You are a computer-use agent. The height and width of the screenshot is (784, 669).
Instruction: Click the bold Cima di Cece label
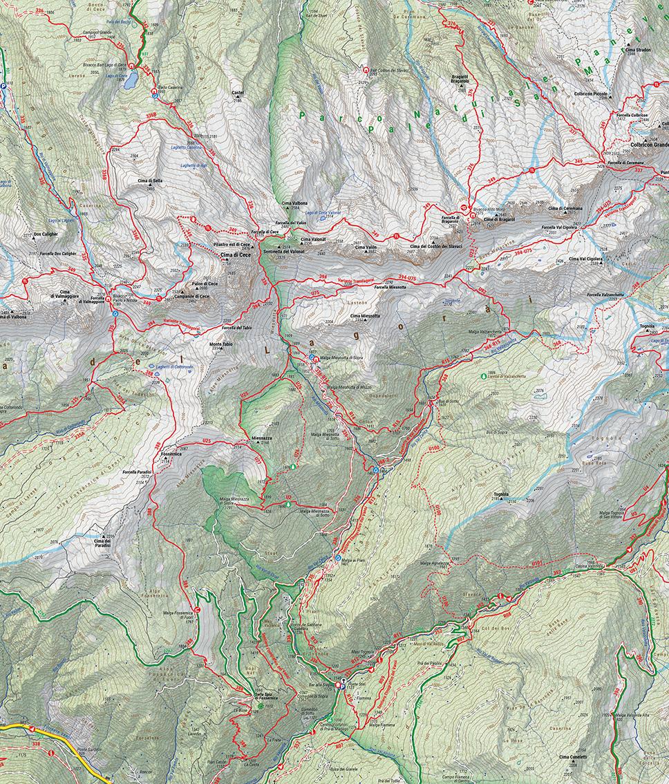pyautogui.click(x=236, y=256)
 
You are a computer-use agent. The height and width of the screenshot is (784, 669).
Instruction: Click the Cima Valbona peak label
pyautogui.click(x=294, y=200)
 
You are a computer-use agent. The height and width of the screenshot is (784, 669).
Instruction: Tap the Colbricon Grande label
pyautogui.click(x=649, y=145)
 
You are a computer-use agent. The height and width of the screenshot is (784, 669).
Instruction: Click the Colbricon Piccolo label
pyautogui.click(x=588, y=93)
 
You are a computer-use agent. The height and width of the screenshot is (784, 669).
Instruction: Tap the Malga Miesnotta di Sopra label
pyautogui.click(x=343, y=358)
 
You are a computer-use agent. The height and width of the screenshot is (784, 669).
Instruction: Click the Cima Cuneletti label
pyautogui.click(x=573, y=757)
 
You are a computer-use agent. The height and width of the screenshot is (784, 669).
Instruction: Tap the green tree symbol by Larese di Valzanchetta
pyautogui.click(x=483, y=376)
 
